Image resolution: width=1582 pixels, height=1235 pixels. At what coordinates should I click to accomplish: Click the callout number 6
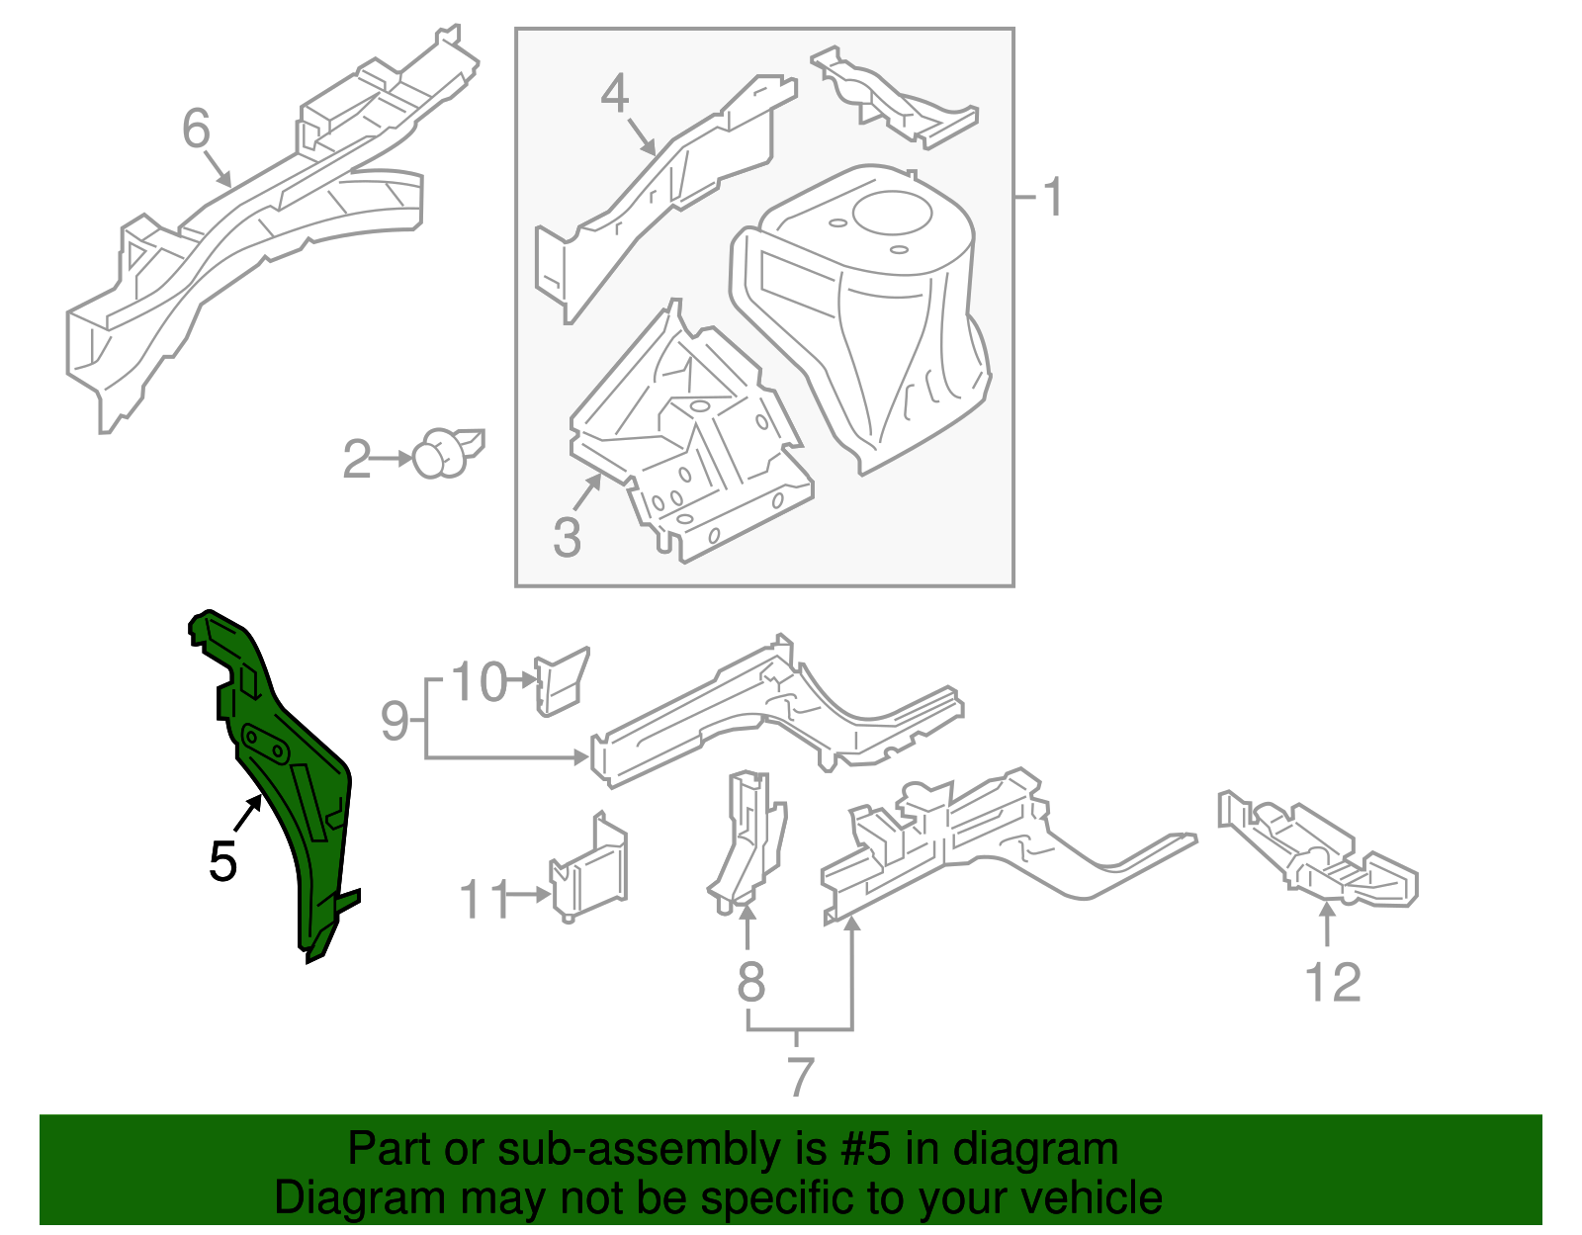pos(197,129)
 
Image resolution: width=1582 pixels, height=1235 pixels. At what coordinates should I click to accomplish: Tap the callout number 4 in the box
pos(615,95)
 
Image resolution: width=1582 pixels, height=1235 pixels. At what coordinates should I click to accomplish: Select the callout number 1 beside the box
pos(1053,197)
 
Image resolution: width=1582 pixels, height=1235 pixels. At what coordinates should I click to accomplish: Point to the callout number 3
pos(567,537)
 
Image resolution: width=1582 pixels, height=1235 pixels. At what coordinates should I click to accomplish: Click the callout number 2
pos(356,460)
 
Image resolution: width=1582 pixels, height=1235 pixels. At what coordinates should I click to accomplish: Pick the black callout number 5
pos(222,862)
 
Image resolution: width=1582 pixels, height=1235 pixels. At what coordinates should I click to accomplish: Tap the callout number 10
pos(479,682)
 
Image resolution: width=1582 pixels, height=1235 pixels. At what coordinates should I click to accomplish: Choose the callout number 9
pos(395,721)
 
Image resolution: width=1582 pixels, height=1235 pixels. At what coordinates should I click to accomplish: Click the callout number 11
pos(484,899)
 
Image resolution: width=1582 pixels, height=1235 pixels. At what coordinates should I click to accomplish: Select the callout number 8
pos(751,982)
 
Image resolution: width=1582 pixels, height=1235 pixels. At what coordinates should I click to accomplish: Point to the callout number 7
pos(800,1076)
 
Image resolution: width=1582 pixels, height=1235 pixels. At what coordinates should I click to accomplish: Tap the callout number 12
pos(1333,983)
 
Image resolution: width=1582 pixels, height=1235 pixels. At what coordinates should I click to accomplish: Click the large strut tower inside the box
pos(870,307)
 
